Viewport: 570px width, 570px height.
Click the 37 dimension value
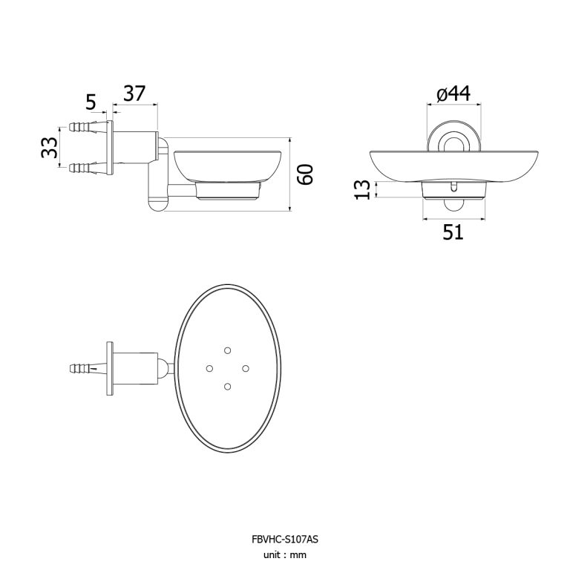tap(134, 94)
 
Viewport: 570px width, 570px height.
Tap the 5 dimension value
tap(91, 102)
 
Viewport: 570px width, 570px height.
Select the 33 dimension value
tap(49, 148)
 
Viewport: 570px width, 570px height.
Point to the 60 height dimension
tap(304, 174)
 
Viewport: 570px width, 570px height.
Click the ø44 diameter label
tap(453, 94)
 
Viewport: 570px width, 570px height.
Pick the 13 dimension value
tap(362, 189)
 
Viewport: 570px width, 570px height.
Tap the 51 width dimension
tap(453, 232)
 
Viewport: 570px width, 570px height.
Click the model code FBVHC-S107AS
tap(285, 539)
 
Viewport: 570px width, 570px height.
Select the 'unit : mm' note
tap(285, 554)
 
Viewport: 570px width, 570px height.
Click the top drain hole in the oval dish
tap(228, 350)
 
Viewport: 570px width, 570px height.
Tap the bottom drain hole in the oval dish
tap(228, 387)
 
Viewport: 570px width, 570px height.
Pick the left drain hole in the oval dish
tap(209, 369)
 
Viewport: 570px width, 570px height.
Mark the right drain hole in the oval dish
tap(246, 369)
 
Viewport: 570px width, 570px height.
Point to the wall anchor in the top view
tap(88, 369)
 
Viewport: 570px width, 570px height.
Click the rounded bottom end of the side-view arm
tap(157, 204)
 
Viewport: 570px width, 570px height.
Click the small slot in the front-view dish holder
tap(453, 186)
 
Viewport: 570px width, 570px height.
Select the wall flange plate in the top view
tap(109, 369)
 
